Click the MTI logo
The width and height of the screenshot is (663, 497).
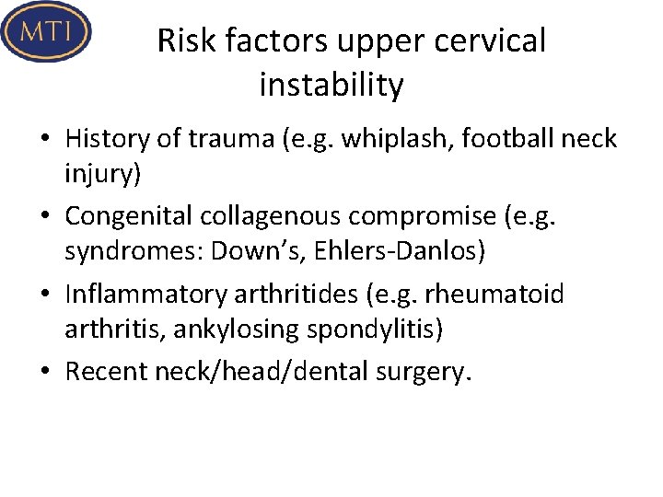click(46, 32)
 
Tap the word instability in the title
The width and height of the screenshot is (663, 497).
click(331, 86)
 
